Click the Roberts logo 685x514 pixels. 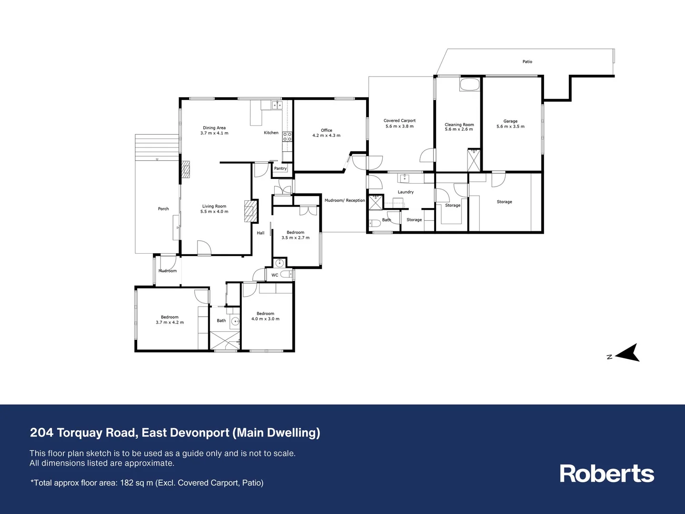pyautogui.click(x=606, y=474)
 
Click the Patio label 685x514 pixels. pyautogui.click(x=527, y=62)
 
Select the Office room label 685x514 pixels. pyautogui.click(x=326, y=130)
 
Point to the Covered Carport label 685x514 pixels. pyautogui.click(x=399, y=121)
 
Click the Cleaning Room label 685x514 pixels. pyautogui.click(x=459, y=125)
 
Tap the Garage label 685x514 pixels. pyautogui.click(x=510, y=121)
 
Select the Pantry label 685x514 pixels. pyautogui.click(x=280, y=168)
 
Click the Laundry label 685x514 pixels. pyautogui.click(x=406, y=192)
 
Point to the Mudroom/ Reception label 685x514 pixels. pyautogui.click(x=345, y=200)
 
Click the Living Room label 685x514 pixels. pyautogui.click(x=214, y=207)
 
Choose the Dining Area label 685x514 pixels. pyautogui.click(x=214, y=128)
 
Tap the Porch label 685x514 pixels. pyautogui.click(x=163, y=209)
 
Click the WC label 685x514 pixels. pyautogui.click(x=275, y=275)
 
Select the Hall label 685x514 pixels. pyautogui.click(x=260, y=233)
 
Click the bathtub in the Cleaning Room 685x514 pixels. pyautogui.click(x=470, y=85)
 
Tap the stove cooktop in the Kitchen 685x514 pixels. pyautogui.click(x=287, y=137)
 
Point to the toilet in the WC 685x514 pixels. pyautogui.click(x=286, y=274)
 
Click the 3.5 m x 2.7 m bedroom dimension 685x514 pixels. pyautogui.click(x=295, y=238)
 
